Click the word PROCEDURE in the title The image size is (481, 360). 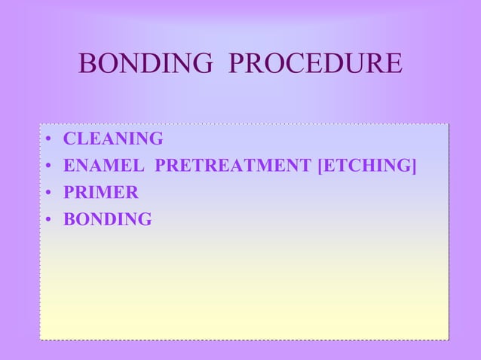click(x=314, y=64)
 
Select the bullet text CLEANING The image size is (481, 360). click(x=113, y=139)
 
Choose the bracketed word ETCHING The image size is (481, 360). click(x=367, y=166)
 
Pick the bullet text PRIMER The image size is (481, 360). click(x=101, y=193)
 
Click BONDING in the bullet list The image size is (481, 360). click(x=108, y=220)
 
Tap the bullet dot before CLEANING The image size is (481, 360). click(x=47, y=140)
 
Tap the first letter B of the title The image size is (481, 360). click(x=87, y=64)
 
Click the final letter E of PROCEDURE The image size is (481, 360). click(x=394, y=64)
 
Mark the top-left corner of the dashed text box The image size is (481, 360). click(x=41, y=124)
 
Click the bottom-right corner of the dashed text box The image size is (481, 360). click(x=449, y=340)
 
